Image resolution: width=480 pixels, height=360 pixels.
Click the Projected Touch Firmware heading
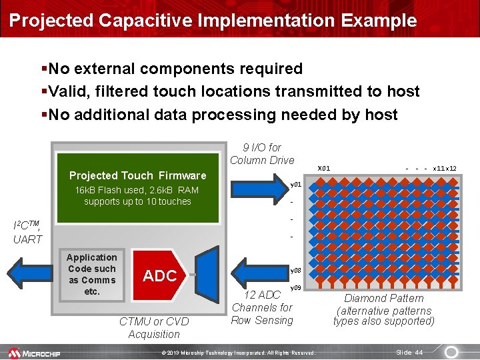tap(138, 175)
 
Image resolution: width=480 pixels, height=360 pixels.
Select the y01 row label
tap(297, 184)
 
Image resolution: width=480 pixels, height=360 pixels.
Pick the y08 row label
tap(297, 271)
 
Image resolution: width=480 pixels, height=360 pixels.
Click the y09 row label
tap(297, 287)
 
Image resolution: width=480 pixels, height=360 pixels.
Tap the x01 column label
tap(324, 168)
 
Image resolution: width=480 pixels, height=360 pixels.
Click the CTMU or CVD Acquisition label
tap(154, 327)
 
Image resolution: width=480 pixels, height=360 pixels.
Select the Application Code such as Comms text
tap(92, 274)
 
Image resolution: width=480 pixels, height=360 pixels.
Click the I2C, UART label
tap(28, 231)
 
